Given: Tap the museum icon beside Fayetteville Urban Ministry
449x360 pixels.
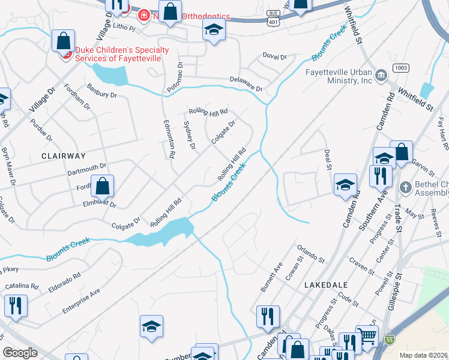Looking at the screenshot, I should (x=381, y=75).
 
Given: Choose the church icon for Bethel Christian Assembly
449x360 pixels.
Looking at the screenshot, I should (x=405, y=187).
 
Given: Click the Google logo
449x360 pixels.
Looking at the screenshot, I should (x=20, y=353).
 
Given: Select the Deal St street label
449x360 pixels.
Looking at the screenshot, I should (x=328, y=159).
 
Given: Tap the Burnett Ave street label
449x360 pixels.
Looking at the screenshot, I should (x=271, y=277).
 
